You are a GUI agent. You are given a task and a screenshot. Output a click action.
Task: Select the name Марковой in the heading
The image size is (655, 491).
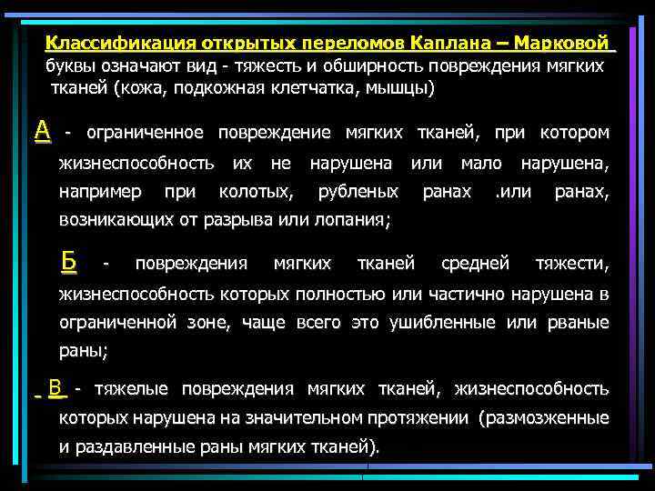[x=568, y=44]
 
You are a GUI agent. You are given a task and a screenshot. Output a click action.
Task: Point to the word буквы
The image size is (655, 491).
[x=71, y=65]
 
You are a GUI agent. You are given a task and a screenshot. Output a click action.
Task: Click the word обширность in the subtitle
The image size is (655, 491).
[x=368, y=65]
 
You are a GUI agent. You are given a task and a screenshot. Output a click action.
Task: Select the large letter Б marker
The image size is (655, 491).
[x=68, y=261]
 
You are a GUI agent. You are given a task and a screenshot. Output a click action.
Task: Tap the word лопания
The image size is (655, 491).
[x=353, y=219]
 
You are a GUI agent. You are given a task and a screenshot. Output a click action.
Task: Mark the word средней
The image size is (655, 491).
[x=474, y=264]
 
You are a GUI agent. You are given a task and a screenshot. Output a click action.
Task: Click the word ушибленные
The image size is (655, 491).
[x=445, y=322]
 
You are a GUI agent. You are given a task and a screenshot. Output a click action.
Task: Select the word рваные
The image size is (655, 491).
[x=577, y=322]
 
